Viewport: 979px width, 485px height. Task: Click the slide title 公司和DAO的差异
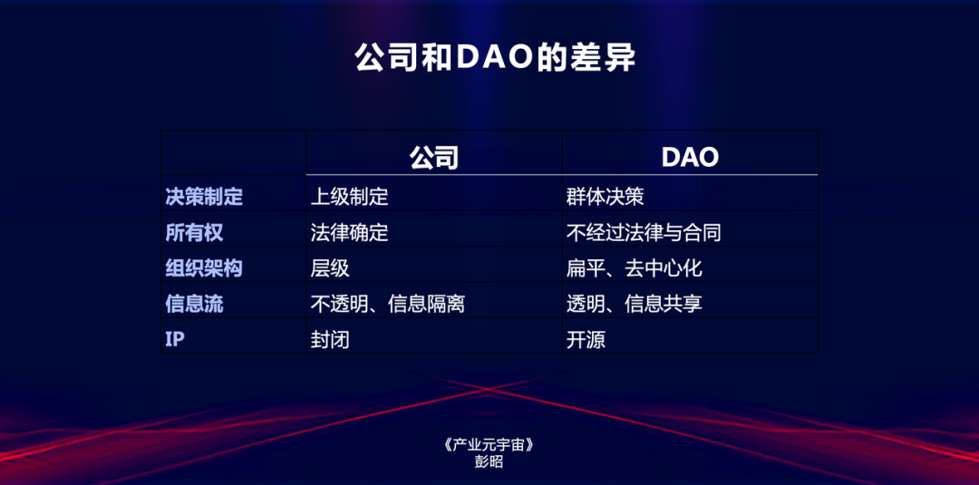coord(494,58)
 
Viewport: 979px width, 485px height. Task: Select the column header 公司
coord(434,157)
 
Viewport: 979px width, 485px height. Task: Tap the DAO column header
coord(690,157)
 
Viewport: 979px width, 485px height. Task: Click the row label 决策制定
coord(204,196)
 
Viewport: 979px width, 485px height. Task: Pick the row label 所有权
coord(194,232)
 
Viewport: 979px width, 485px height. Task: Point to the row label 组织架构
coord(204,268)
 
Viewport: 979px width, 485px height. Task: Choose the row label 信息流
coord(194,304)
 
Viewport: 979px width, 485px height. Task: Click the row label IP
coord(174,340)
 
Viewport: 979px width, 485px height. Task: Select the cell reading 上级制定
coord(349,196)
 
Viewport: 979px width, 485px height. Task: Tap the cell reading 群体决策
coord(605,196)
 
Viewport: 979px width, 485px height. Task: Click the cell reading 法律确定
coord(349,232)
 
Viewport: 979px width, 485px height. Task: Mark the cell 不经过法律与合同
coord(644,232)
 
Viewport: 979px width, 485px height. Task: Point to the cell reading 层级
coord(330,268)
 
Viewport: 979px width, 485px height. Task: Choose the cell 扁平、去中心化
coord(634,268)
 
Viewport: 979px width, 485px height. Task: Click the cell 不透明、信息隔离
coord(387,304)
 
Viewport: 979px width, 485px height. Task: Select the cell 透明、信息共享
coord(634,304)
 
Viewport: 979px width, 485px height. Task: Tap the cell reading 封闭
coord(330,340)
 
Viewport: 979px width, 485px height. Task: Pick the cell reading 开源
coord(586,340)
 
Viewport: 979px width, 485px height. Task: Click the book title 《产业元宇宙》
coord(489,445)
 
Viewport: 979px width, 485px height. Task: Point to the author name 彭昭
coord(489,461)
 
